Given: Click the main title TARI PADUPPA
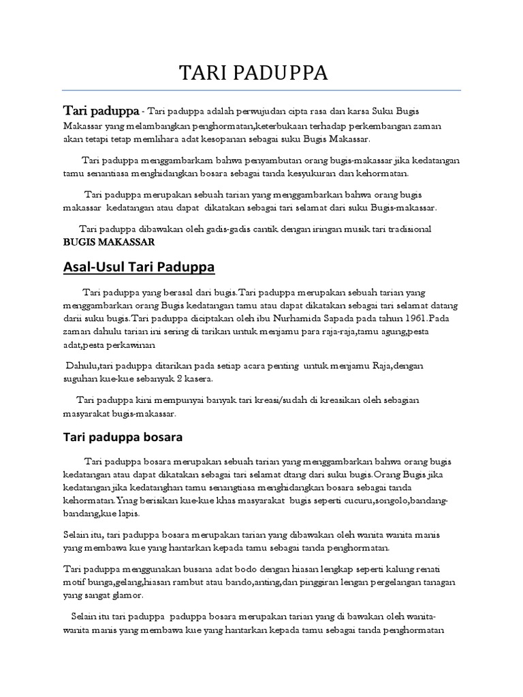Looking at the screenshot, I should (253, 74).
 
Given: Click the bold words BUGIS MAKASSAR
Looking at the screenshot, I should (109, 242).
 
